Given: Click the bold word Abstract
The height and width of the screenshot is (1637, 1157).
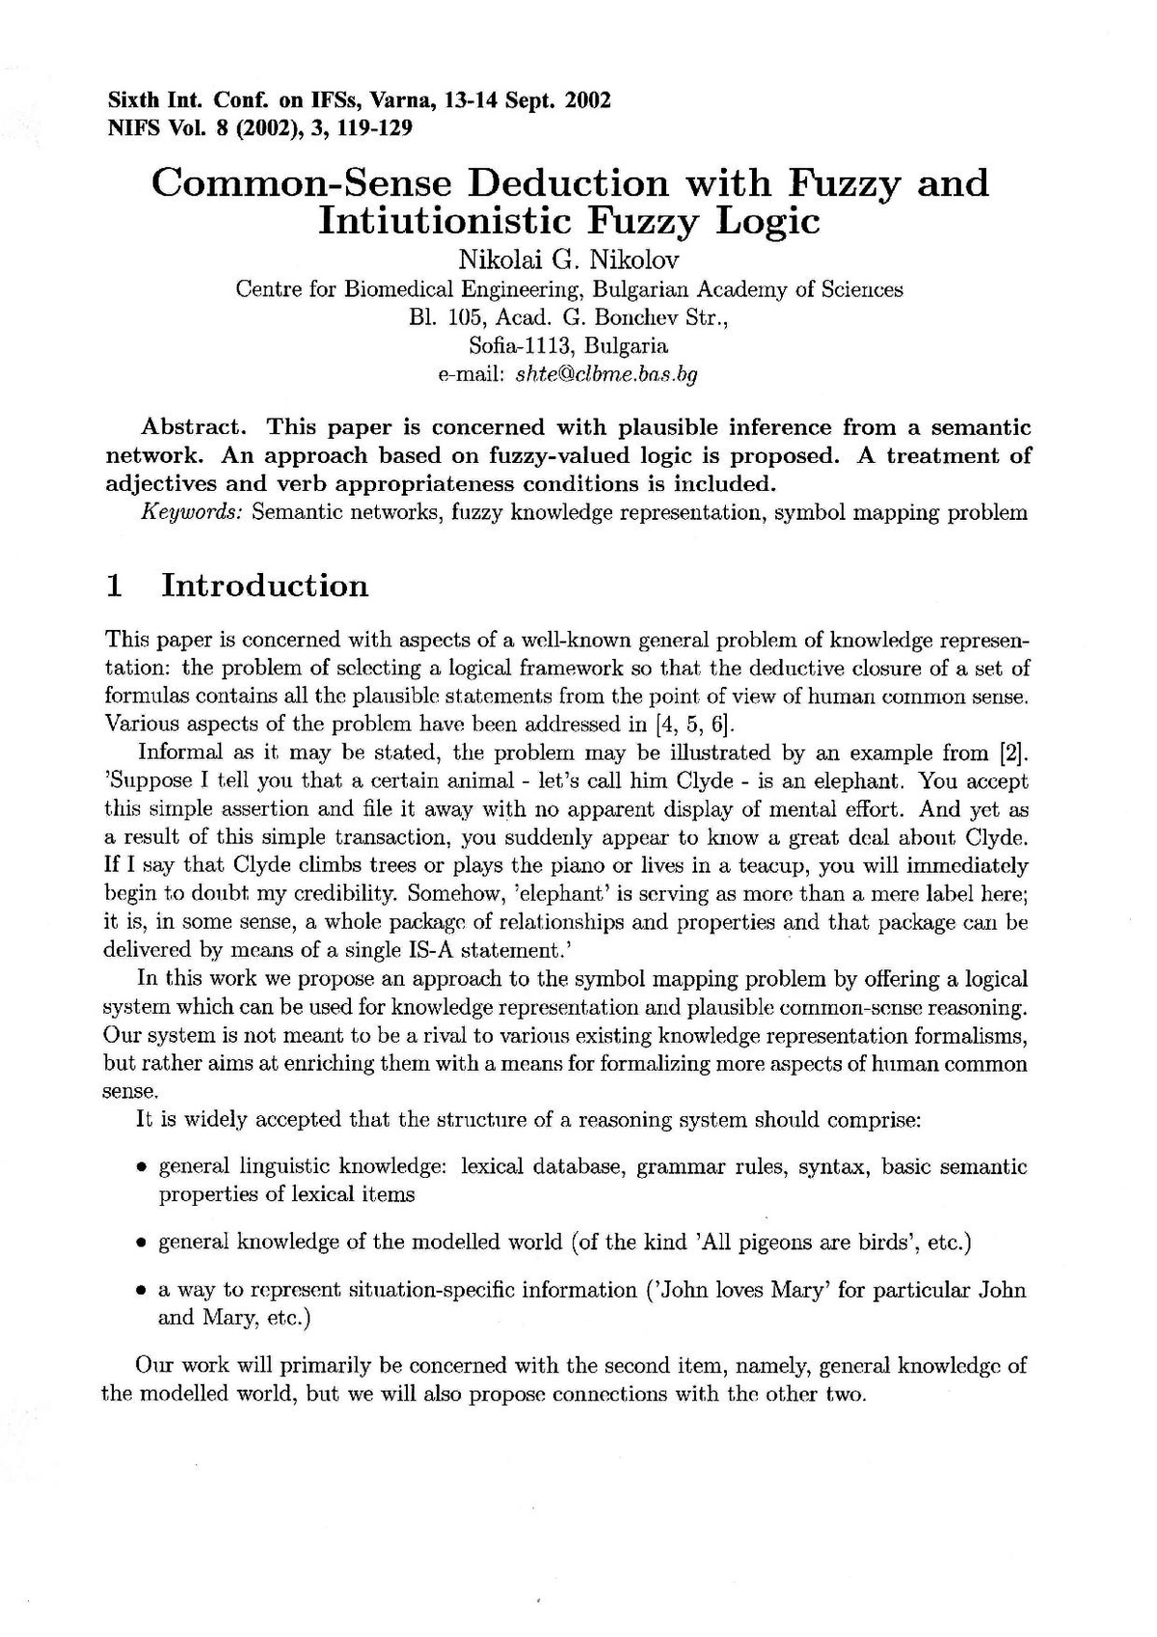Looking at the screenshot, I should [197, 427].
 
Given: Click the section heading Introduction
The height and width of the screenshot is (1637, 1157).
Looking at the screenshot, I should [264, 586].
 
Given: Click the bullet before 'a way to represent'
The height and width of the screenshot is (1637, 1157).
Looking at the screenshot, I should [141, 1291].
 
